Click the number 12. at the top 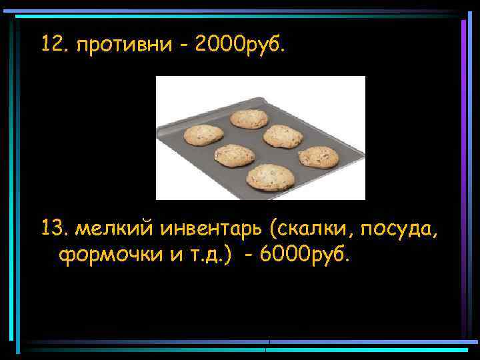(55, 45)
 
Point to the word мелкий (113, 230)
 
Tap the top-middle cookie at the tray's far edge (249, 119)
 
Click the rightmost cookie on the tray (318, 157)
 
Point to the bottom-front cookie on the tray (270, 177)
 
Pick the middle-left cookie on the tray (234, 155)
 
